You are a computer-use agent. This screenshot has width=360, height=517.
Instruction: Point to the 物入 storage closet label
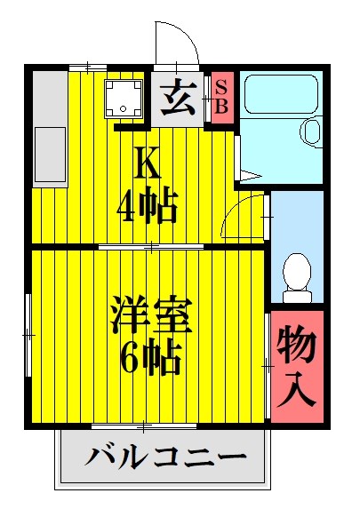pos(294,366)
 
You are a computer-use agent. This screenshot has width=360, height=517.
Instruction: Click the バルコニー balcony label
pos(165,459)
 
